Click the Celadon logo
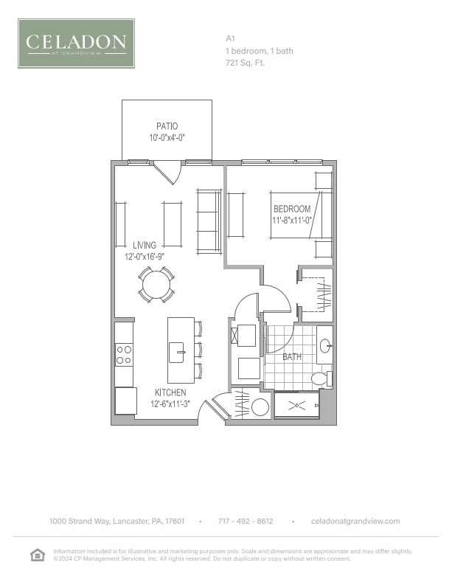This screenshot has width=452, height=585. click(76, 44)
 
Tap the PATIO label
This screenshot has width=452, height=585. click(167, 126)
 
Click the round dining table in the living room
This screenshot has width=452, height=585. click(157, 284)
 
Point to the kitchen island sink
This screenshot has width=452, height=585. click(177, 353)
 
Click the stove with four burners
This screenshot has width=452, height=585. click(124, 355)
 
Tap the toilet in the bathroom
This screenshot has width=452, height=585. click(320, 379)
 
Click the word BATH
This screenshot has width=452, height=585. click(292, 358)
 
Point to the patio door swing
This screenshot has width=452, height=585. click(168, 173)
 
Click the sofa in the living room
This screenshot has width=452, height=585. click(209, 221)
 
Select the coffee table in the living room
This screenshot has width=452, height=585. click(172, 224)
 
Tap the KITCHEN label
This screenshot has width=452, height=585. click(170, 392)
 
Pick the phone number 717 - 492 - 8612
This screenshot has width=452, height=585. click(246, 521)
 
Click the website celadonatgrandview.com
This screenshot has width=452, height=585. click(356, 521)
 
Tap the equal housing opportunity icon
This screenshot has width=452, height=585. click(37, 555)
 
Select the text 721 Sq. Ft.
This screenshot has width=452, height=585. click(245, 63)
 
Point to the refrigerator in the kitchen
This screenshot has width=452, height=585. click(125, 401)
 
